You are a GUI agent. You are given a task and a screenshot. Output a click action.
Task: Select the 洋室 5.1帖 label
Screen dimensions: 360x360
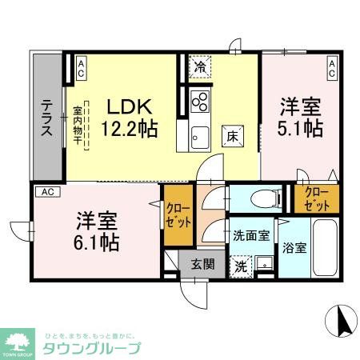click(301, 117)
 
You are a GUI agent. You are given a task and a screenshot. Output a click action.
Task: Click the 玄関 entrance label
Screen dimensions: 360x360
click(202, 263)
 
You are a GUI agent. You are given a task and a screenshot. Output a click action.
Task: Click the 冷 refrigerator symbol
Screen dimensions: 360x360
click(199, 68)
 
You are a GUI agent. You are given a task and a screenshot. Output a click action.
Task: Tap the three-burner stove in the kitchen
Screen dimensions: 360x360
click(199, 102)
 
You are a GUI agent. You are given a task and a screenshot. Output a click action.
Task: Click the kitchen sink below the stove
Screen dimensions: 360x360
click(199, 137)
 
